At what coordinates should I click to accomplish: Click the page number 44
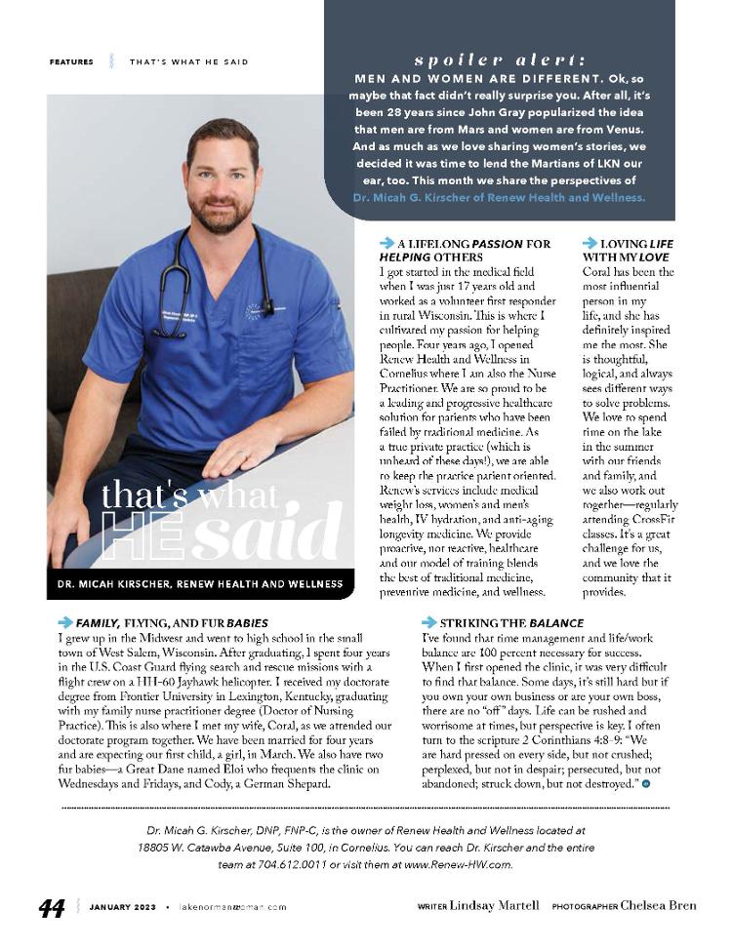click(x=51, y=908)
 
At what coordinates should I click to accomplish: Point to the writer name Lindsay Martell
click(x=494, y=906)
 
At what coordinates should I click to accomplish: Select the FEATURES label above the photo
click(x=71, y=62)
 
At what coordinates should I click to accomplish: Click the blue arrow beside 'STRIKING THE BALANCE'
click(x=428, y=622)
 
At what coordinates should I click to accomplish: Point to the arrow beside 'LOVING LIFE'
click(x=590, y=243)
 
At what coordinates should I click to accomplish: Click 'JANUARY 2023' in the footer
click(x=122, y=907)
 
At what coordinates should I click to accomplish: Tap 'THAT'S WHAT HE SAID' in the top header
click(x=189, y=62)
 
